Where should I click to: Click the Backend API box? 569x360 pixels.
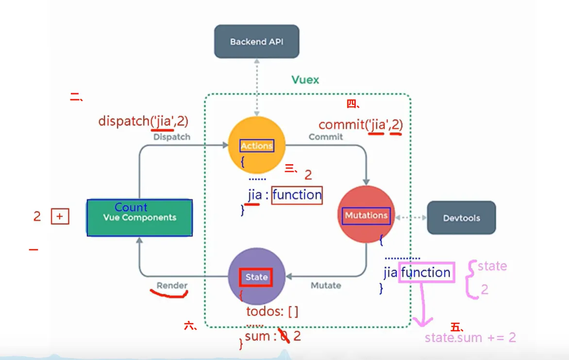tap(256, 41)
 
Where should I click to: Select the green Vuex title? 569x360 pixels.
tap(305, 80)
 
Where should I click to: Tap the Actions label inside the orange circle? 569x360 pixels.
tap(257, 145)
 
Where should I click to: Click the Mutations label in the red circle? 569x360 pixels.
tap(366, 215)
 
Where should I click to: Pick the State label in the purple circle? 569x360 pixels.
tap(256, 277)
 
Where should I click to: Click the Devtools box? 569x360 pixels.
tap(461, 218)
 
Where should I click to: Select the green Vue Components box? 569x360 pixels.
tap(139, 218)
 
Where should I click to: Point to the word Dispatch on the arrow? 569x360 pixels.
tap(172, 137)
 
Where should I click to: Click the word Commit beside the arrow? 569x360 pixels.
tap(326, 137)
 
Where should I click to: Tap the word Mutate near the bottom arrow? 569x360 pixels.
tap(326, 285)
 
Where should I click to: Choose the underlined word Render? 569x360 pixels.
tap(172, 285)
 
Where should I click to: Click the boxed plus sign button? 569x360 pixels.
tap(60, 217)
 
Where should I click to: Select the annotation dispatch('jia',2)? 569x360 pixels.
tap(143, 120)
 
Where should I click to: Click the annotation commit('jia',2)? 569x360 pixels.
tap(361, 125)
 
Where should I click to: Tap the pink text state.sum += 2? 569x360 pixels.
tap(470, 338)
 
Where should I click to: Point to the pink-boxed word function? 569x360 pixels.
tap(426, 273)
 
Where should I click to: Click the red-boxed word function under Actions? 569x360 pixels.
tap(297, 195)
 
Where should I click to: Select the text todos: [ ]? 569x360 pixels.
tap(272, 311)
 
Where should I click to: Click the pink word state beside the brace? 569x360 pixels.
tap(492, 266)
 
